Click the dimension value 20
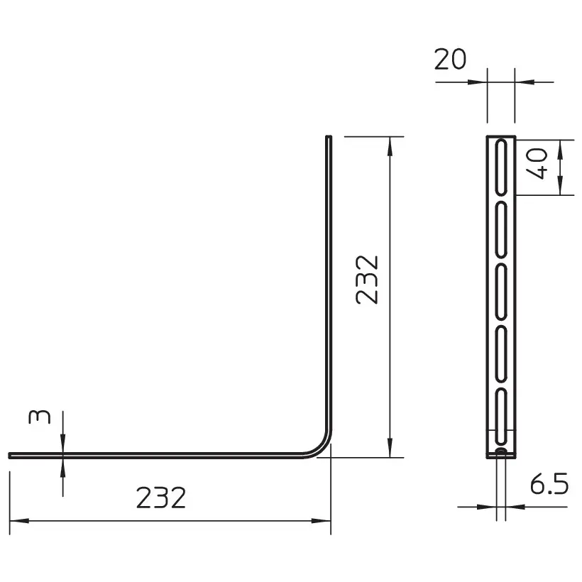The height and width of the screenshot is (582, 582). [450, 60]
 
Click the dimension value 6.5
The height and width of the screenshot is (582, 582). [549, 484]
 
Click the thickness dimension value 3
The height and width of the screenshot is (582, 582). [39, 417]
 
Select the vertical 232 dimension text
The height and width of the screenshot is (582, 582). [367, 280]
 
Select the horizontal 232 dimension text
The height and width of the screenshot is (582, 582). [160, 498]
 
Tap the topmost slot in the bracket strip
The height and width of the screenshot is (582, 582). [501, 167]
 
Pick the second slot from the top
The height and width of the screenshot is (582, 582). [501, 230]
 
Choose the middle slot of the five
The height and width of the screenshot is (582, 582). [501, 292]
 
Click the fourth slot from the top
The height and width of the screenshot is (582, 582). [501, 354]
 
